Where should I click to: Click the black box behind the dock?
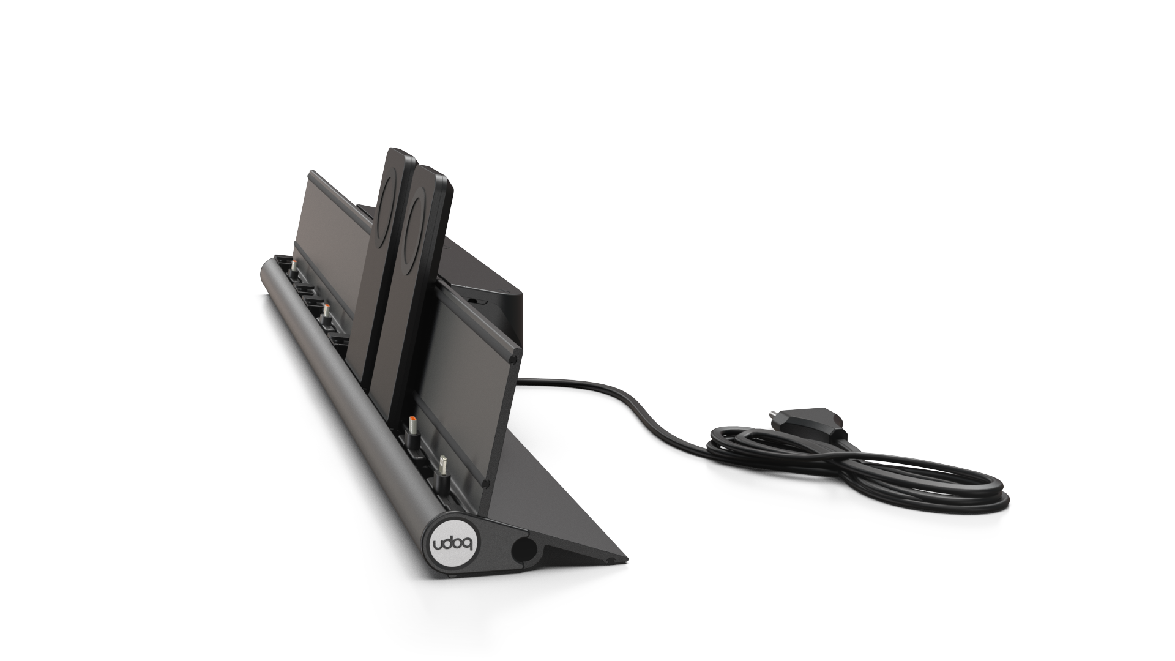(x=490, y=275)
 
